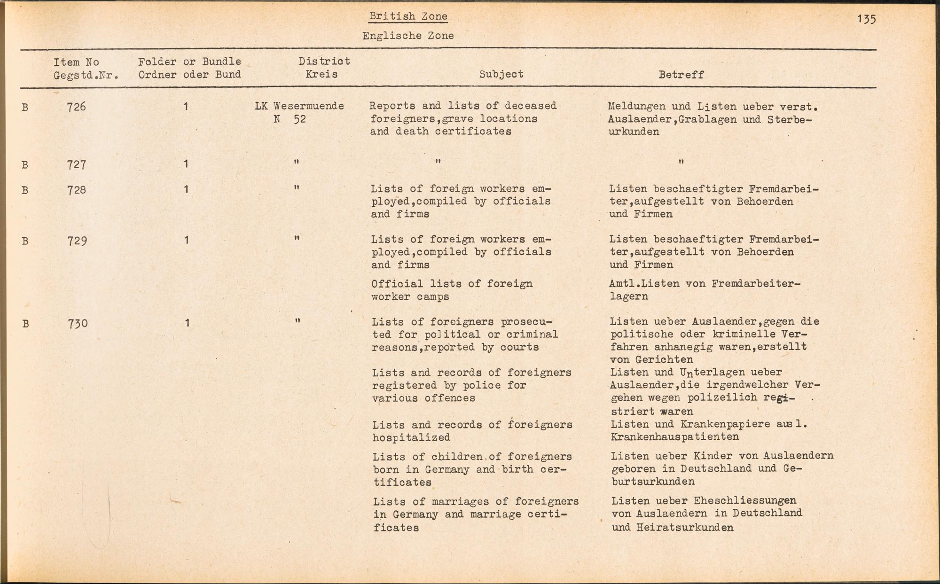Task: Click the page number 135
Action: tap(866, 19)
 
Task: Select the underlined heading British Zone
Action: tap(408, 16)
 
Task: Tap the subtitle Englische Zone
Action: tap(408, 36)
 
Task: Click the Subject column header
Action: tap(501, 74)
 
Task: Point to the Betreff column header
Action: tap(681, 75)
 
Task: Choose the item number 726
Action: tap(77, 107)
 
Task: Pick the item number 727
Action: tap(77, 164)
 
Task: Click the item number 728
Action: tap(77, 190)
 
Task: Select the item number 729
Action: tap(77, 241)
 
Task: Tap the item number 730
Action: tap(77, 323)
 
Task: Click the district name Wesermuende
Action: tap(308, 106)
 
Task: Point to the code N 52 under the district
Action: tap(290, 119)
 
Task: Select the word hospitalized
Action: tap(411, 437)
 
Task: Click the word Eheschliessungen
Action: tap(745, 500)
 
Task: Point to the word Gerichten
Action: tap(664, 360)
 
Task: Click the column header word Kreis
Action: tap(321, 74)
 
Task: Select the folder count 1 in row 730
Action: tap(187, 323)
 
